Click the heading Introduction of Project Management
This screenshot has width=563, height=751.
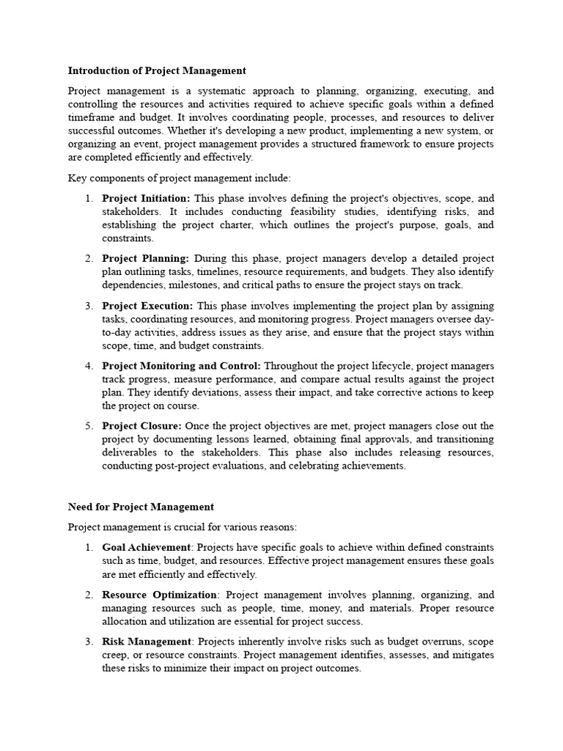pos(157,71)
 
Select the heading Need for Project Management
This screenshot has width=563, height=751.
pos(141,506)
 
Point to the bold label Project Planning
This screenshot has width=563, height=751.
pos(145,259)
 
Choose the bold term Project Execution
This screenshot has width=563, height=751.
pos(147,306)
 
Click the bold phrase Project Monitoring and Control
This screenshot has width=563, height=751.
pos(181,366)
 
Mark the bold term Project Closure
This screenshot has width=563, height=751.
pos(141,426)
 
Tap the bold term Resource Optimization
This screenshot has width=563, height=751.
pos(160,595)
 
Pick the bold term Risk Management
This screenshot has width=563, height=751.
pos(147,642)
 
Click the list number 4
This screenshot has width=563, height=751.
pos(89,366)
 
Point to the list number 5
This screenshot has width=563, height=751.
pos(89,426)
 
